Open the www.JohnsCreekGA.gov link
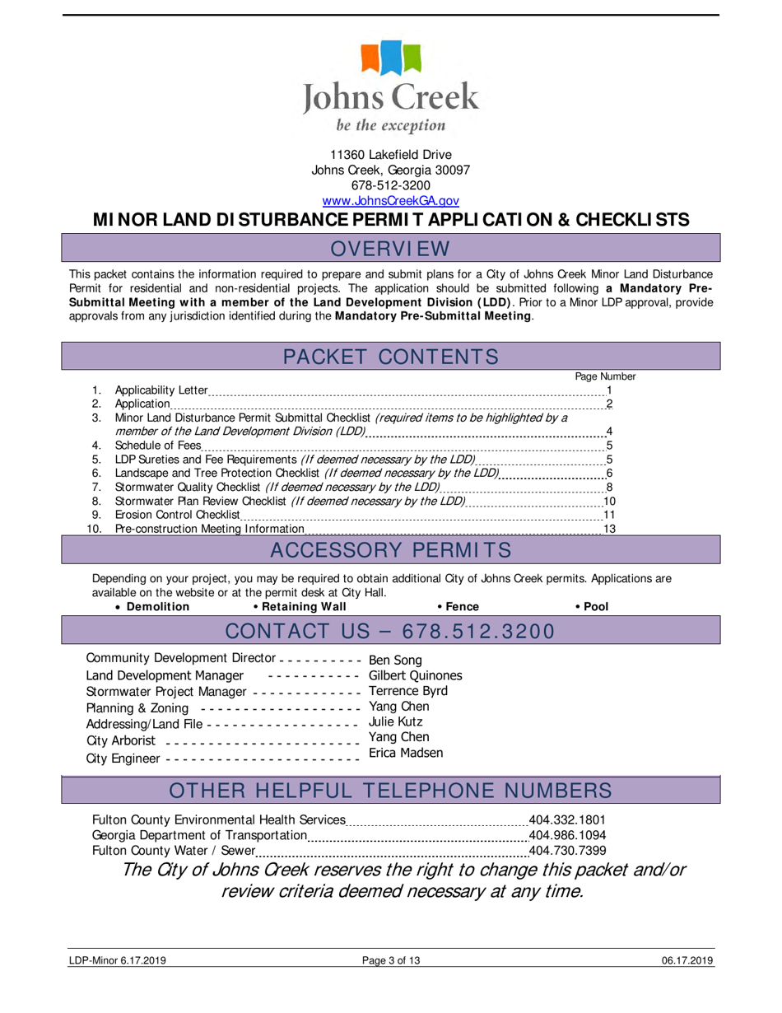click(390, 200)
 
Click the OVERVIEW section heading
click(390, 248)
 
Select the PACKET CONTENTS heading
click(390, 357)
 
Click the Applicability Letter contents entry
click(161, 390)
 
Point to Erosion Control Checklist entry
click(177, 515)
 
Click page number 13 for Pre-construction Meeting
click(609, 529)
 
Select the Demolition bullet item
click(157, 607)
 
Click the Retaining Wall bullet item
click(300, 607)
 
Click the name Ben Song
click(395, 661)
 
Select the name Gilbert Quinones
click(415, 675)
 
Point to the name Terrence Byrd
click(408, 690)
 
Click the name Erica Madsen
click(406, 753)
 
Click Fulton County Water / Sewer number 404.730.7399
click(566, 851)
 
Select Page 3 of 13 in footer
click(391, 960)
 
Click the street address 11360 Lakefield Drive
click(390, 155)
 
